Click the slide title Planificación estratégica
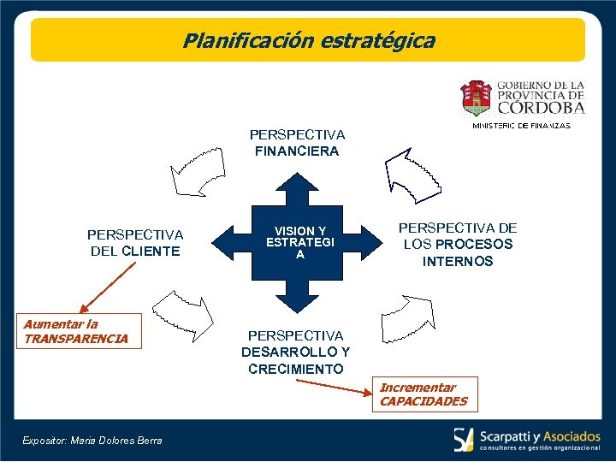tap(308, 40)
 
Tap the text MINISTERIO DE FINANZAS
tap(522, 126)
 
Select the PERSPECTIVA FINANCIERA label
tap(297, 143)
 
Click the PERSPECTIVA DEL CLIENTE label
tap(135, 242)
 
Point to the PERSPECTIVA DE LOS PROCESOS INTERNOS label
tap(458, 245)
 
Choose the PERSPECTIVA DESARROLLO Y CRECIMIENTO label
tap(296, 352)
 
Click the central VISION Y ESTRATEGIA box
tap(299, 242)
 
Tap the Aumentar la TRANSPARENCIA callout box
tap(76, 331)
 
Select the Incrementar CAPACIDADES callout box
tap(423, 394)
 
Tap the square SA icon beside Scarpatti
tap(464, 439)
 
